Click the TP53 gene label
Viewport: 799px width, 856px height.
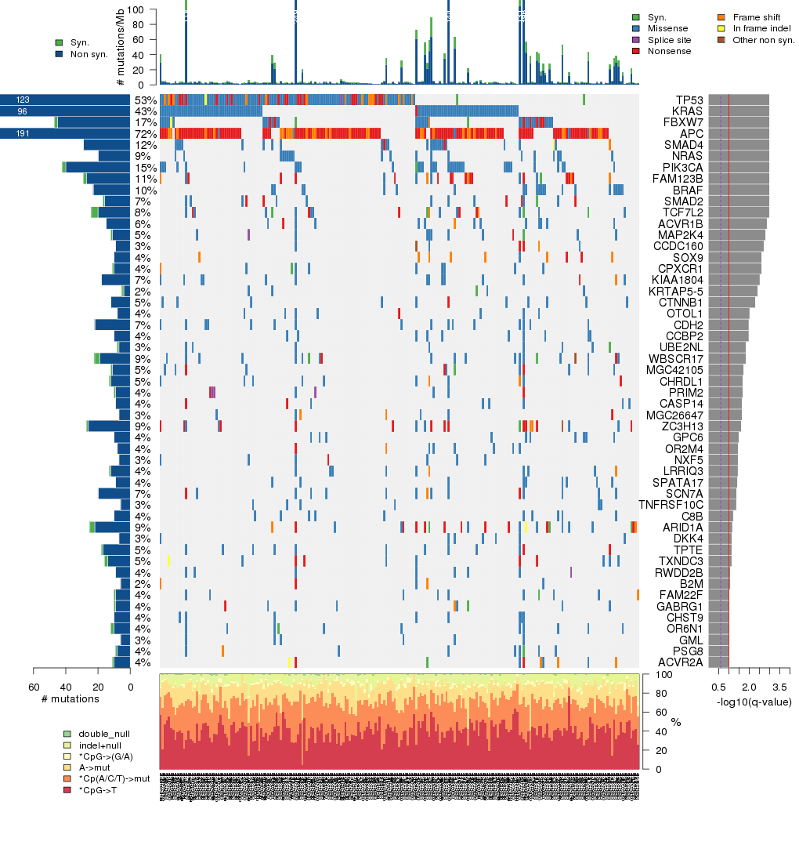click(x=689, y=100)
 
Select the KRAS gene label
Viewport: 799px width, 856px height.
click(x=688, y=111)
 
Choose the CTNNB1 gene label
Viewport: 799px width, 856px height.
click(x=680, y=303)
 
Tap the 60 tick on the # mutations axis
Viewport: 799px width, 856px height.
click(x=33, y=687)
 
